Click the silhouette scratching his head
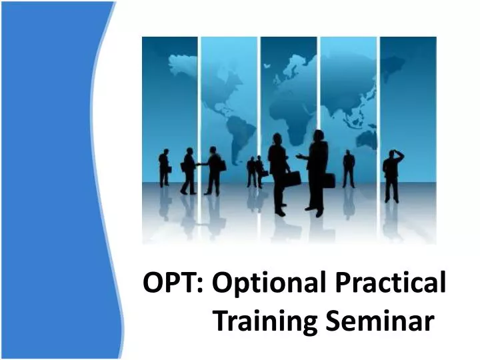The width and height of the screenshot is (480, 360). (392, 175)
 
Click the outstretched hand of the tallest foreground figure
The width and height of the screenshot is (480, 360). (299, 157)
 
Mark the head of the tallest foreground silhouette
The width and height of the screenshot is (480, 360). (317, 135)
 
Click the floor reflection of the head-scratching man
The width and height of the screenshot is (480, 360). (392, 217)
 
